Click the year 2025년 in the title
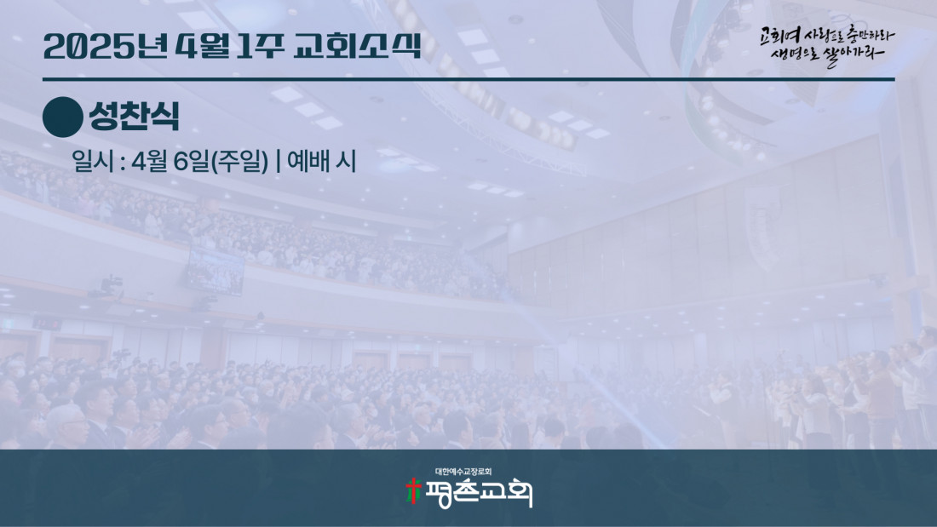click(x=106, y=47)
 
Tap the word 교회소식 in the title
click(x=358, y=45)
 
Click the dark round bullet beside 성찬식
click(x=63, y=117)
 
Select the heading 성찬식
click(x=135, y=116)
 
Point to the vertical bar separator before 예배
click(x=279, y=161)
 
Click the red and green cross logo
click(x=413, y=491)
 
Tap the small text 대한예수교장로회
click(x=463, y=472)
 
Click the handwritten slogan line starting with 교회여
click(x=827, y=36)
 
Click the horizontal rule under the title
click(x=468, y=79)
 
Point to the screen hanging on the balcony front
click(x=216, y=272)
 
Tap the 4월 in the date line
click(x=149, y=161)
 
